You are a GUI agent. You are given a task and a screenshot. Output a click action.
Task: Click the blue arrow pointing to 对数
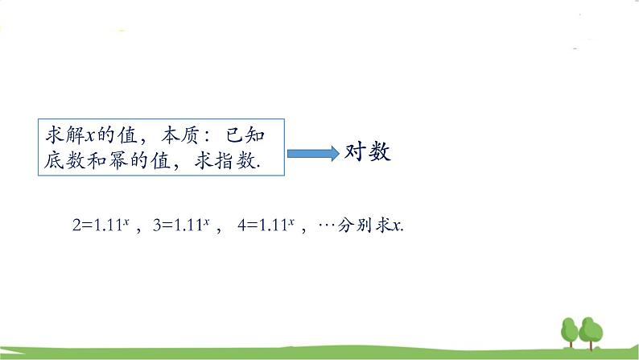coord(313,154)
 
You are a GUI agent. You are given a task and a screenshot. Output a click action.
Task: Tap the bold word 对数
coord(368,152)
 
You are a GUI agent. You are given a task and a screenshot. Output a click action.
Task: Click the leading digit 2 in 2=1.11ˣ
coord(76,226)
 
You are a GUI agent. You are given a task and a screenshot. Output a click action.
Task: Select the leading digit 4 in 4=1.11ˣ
coord(241,226)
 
